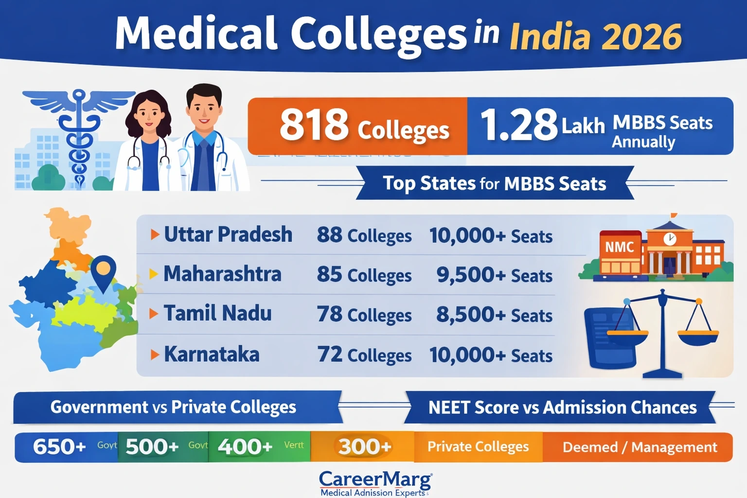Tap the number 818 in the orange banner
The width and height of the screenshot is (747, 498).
pos(314,125)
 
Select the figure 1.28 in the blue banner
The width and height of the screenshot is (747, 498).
pos(518,125)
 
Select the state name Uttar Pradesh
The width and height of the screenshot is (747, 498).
pos(228,234)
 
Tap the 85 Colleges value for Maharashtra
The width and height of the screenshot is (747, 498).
pos(364,275)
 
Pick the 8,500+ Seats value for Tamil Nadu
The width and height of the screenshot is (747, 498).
pos(494,315)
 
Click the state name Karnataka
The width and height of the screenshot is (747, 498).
pos(212,354)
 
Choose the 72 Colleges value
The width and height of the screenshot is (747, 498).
pos(364,355)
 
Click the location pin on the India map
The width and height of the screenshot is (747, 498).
pos(103,270)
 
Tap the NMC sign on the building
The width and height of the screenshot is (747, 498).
pos(619,247)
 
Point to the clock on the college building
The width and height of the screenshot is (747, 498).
pos(670,238)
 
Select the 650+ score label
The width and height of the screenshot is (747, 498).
pos(59,446)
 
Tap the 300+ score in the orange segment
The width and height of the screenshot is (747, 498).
pos(365,446)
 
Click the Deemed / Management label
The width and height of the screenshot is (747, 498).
pos(640,447)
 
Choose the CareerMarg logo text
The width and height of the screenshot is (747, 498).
pos(375,480)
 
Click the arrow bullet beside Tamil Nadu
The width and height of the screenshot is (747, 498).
pos(154,314)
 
